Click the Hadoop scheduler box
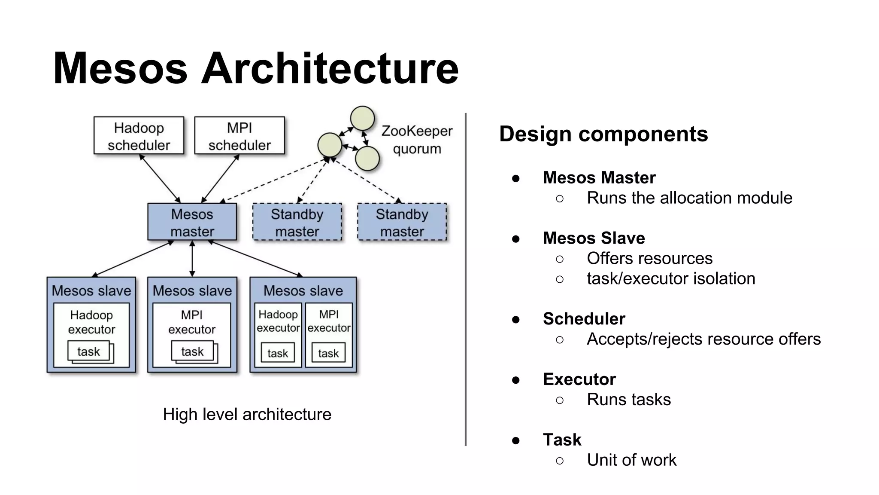click(x=139, y=136)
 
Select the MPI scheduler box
click(x=239, y=136)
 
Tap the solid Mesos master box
click(x=192, y=222)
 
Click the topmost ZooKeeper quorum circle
click(x=362, y=118)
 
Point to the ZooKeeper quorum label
click(x=417, y=140)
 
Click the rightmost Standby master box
click(x=402, y=222)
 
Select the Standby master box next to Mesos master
click(x=297, y=222)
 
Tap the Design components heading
click(x=603, y=134)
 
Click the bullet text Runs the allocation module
click(x=689, y=198)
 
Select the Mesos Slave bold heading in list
click(x=594, y=238)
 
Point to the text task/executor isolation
click(x=670, y=278)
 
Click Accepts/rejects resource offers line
click(x=703, y=339)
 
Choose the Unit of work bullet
click(x=631, y=460)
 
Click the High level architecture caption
click(x=247, y=414)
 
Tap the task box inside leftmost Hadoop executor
click(x=88, y=351)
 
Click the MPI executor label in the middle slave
click(x=191, y=322)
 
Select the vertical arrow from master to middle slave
click(x=192, y=259)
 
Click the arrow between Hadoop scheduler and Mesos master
click(x=160, y=178)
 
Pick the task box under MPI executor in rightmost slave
click(x=328, y=353)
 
